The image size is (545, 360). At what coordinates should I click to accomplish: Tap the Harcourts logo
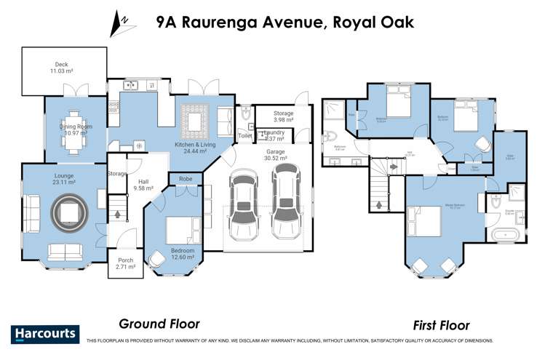[44, 334]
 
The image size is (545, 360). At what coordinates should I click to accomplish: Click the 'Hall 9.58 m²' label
[143, 185]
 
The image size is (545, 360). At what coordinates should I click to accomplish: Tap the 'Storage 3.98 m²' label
[283, 117]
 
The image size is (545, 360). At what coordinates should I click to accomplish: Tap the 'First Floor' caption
[440, 325]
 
